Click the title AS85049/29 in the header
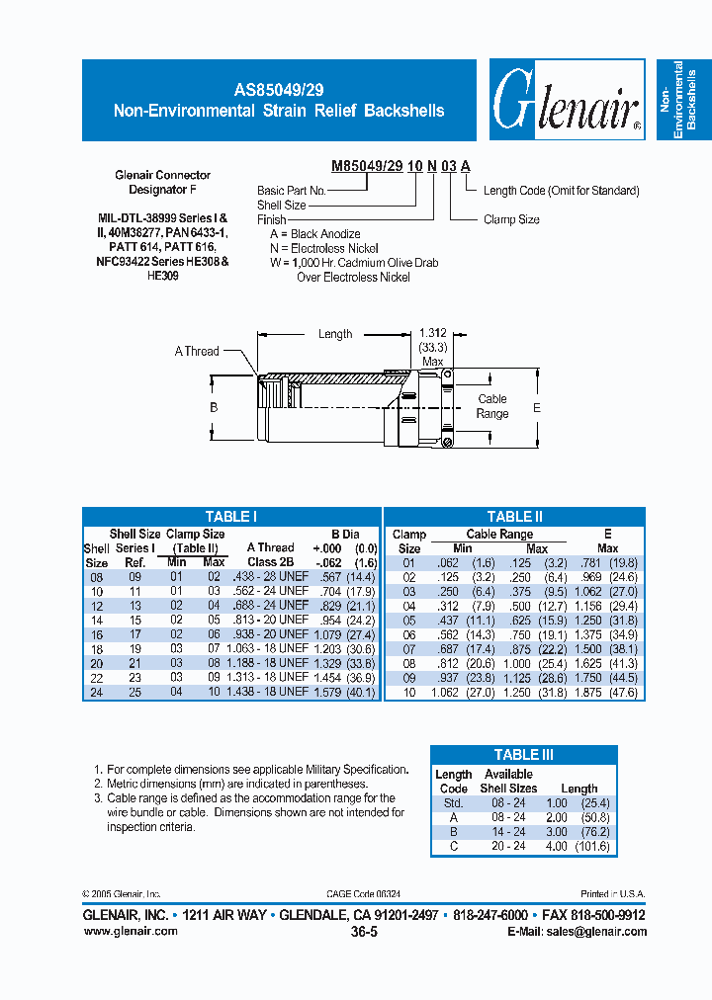tap(278, 89)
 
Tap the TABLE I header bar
tap(230, 517)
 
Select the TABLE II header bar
tap(514, 517)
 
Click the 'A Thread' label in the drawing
tap(197, 351)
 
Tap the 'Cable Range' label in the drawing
tap(491, 406)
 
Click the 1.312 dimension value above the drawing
tap(432, 333)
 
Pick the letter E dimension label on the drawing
tap(537, 406)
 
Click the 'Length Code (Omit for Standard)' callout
tap(561, 191)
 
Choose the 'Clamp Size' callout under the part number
tap(511, 219)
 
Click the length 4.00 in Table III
tap(557, 847)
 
